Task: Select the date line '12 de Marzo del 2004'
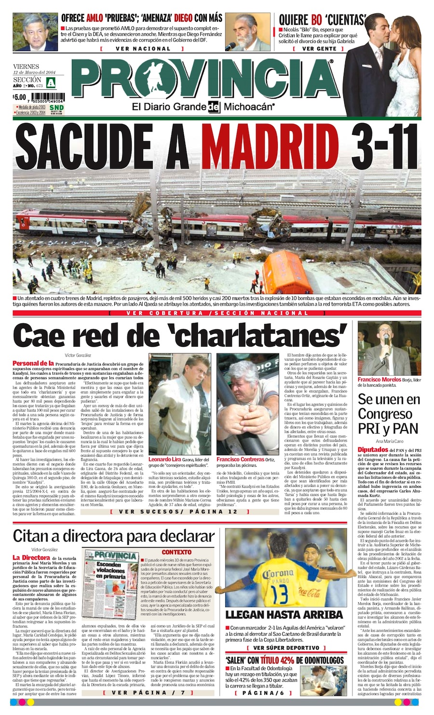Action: tap(32, 73)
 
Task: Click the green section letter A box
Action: tap(51, 82)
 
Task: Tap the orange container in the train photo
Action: tap(287, 272)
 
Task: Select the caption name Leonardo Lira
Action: tap(164, 459)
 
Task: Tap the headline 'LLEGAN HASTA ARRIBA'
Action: tap(284, 615)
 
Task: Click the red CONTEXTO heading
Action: tap(176, 552)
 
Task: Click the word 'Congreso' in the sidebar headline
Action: tap(385, 414)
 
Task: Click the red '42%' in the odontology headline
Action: tap(285, 660)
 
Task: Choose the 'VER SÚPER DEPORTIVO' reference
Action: tap(285, 648)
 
